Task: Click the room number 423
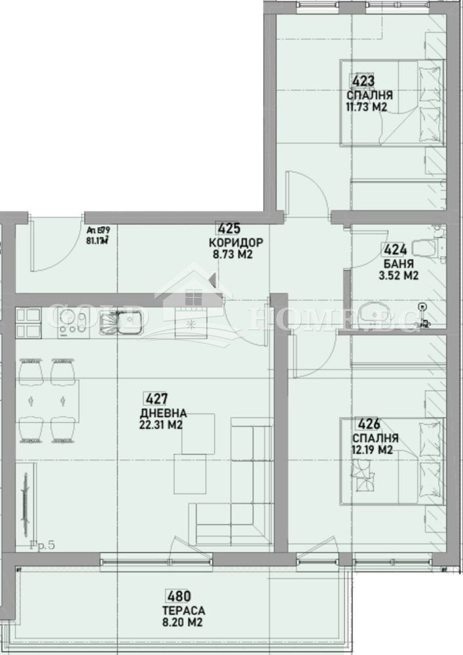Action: click(363, 81)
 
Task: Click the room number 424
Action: click(395, 250)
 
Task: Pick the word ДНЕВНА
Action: click(163, 413)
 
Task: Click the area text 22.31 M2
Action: click(161, 425)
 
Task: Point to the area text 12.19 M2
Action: click(371, 449)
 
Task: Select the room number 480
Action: click(178, 597)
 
